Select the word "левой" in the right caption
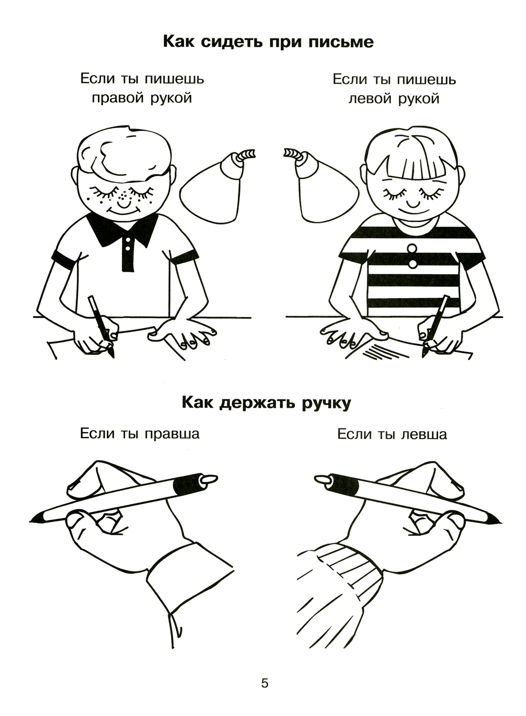[370, 99]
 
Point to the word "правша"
[172, 434]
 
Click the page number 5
[265, 684]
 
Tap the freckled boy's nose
[122, 202]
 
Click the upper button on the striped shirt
[412, 248]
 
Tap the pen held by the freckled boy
[100, 326]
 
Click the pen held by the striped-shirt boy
[436, 326]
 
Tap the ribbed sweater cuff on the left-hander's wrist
[349, 564]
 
